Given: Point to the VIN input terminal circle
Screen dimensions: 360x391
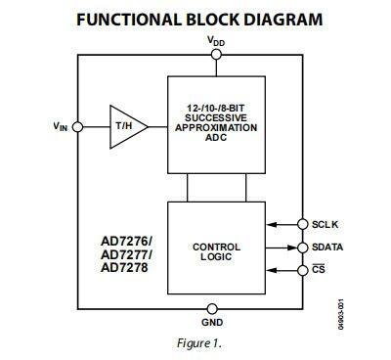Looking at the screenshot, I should (x=77, y=125).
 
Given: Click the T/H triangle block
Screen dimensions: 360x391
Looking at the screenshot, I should (x=123, y=126).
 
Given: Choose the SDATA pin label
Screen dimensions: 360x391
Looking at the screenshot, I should (x=331, y=247).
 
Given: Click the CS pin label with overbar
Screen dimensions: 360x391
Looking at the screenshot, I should (x=318, y=270).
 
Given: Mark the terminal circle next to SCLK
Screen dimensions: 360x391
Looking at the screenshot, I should (x=302, y=224).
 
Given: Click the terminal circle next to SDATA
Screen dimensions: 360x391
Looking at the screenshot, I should (x=302, y=247).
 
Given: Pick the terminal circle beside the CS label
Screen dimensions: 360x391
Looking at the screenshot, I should (x=302, y=270).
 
